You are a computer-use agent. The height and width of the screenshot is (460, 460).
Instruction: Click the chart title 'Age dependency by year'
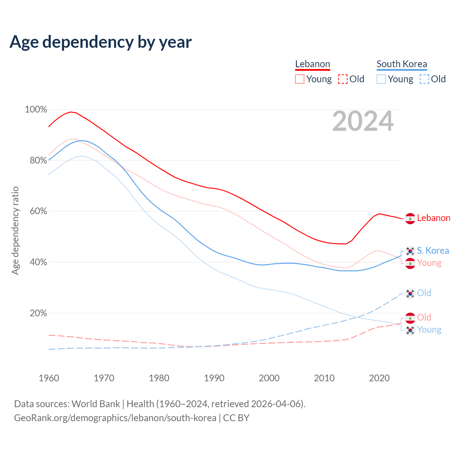click(x=101, y=42)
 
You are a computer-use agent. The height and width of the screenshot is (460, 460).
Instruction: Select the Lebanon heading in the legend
click(x=312, y=64)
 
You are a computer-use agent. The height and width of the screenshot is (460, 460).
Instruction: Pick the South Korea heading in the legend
click(x=401, y=64)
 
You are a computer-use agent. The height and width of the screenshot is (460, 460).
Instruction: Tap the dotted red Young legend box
click(x=299, y=79)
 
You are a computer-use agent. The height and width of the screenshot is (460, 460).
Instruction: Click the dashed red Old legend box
click(x=343, y=79)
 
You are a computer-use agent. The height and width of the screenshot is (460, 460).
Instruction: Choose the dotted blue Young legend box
click(x=381, y=79)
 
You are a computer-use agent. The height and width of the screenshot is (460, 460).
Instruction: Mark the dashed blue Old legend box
click(x=424, y=79)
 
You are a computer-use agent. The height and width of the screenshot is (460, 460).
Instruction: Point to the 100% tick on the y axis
click(x=36, y=109)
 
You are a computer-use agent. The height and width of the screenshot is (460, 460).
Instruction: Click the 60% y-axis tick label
click(x=38, y=211)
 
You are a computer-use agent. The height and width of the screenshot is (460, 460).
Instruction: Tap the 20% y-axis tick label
click(x=38, y=313)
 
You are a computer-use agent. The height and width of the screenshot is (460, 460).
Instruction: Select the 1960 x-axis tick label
click(x=49, y=378)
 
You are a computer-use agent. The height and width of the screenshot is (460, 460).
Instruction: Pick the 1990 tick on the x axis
click(x=214, y=378)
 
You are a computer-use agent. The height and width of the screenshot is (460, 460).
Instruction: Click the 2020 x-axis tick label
click(x=379, y=378)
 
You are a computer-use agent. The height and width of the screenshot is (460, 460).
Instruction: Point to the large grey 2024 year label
click(x=363, y=121)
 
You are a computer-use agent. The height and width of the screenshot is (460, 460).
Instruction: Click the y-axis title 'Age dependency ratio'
click(x=15, y=230)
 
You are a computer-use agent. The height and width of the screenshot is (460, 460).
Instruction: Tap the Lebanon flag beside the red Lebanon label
click(x=410, y=218)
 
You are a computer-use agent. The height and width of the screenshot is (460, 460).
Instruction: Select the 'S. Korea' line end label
click(x=433, y=250)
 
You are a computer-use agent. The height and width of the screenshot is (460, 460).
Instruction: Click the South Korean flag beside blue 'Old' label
click(x=410, y=294)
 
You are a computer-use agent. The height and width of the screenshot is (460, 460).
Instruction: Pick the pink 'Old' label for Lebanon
click(x=424, y=317)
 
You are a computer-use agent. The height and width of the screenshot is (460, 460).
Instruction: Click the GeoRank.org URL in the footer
click(x=115, y=418)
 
